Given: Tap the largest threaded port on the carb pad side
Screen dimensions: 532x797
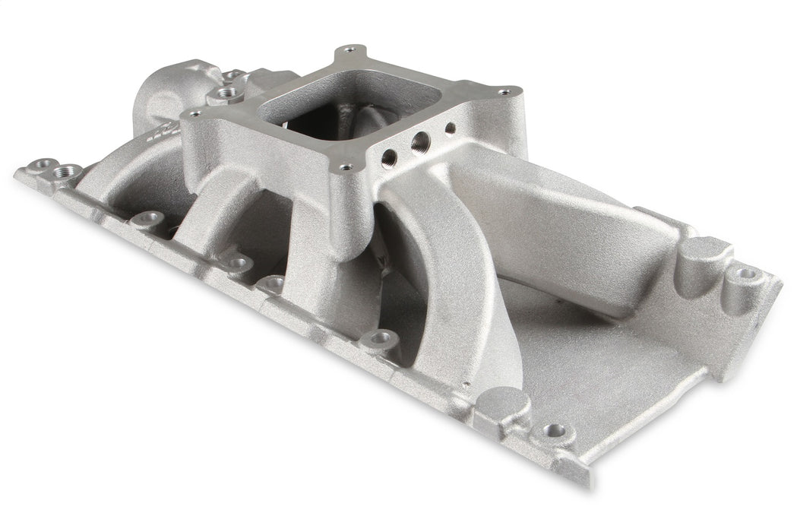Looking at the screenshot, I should point(418,142).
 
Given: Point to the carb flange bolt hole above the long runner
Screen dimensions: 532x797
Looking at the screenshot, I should point(504,92).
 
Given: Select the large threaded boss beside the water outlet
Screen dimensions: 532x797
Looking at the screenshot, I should point(224,94).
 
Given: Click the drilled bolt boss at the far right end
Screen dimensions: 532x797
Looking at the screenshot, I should point(746,273).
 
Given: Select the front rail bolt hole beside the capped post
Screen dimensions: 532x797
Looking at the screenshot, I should point(555,431).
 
